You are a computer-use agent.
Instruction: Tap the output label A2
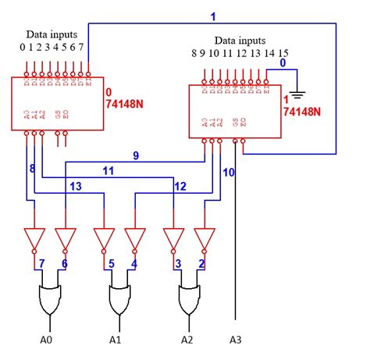187,340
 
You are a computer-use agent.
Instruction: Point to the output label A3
236,340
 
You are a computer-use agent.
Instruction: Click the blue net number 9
135,155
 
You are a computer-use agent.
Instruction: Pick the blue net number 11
109,169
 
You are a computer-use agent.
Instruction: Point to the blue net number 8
32,168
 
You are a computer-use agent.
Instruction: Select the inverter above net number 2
205,238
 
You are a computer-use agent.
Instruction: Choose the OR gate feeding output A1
119,298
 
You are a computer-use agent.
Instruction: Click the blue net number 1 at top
213,16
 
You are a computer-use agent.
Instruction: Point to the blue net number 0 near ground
283,62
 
